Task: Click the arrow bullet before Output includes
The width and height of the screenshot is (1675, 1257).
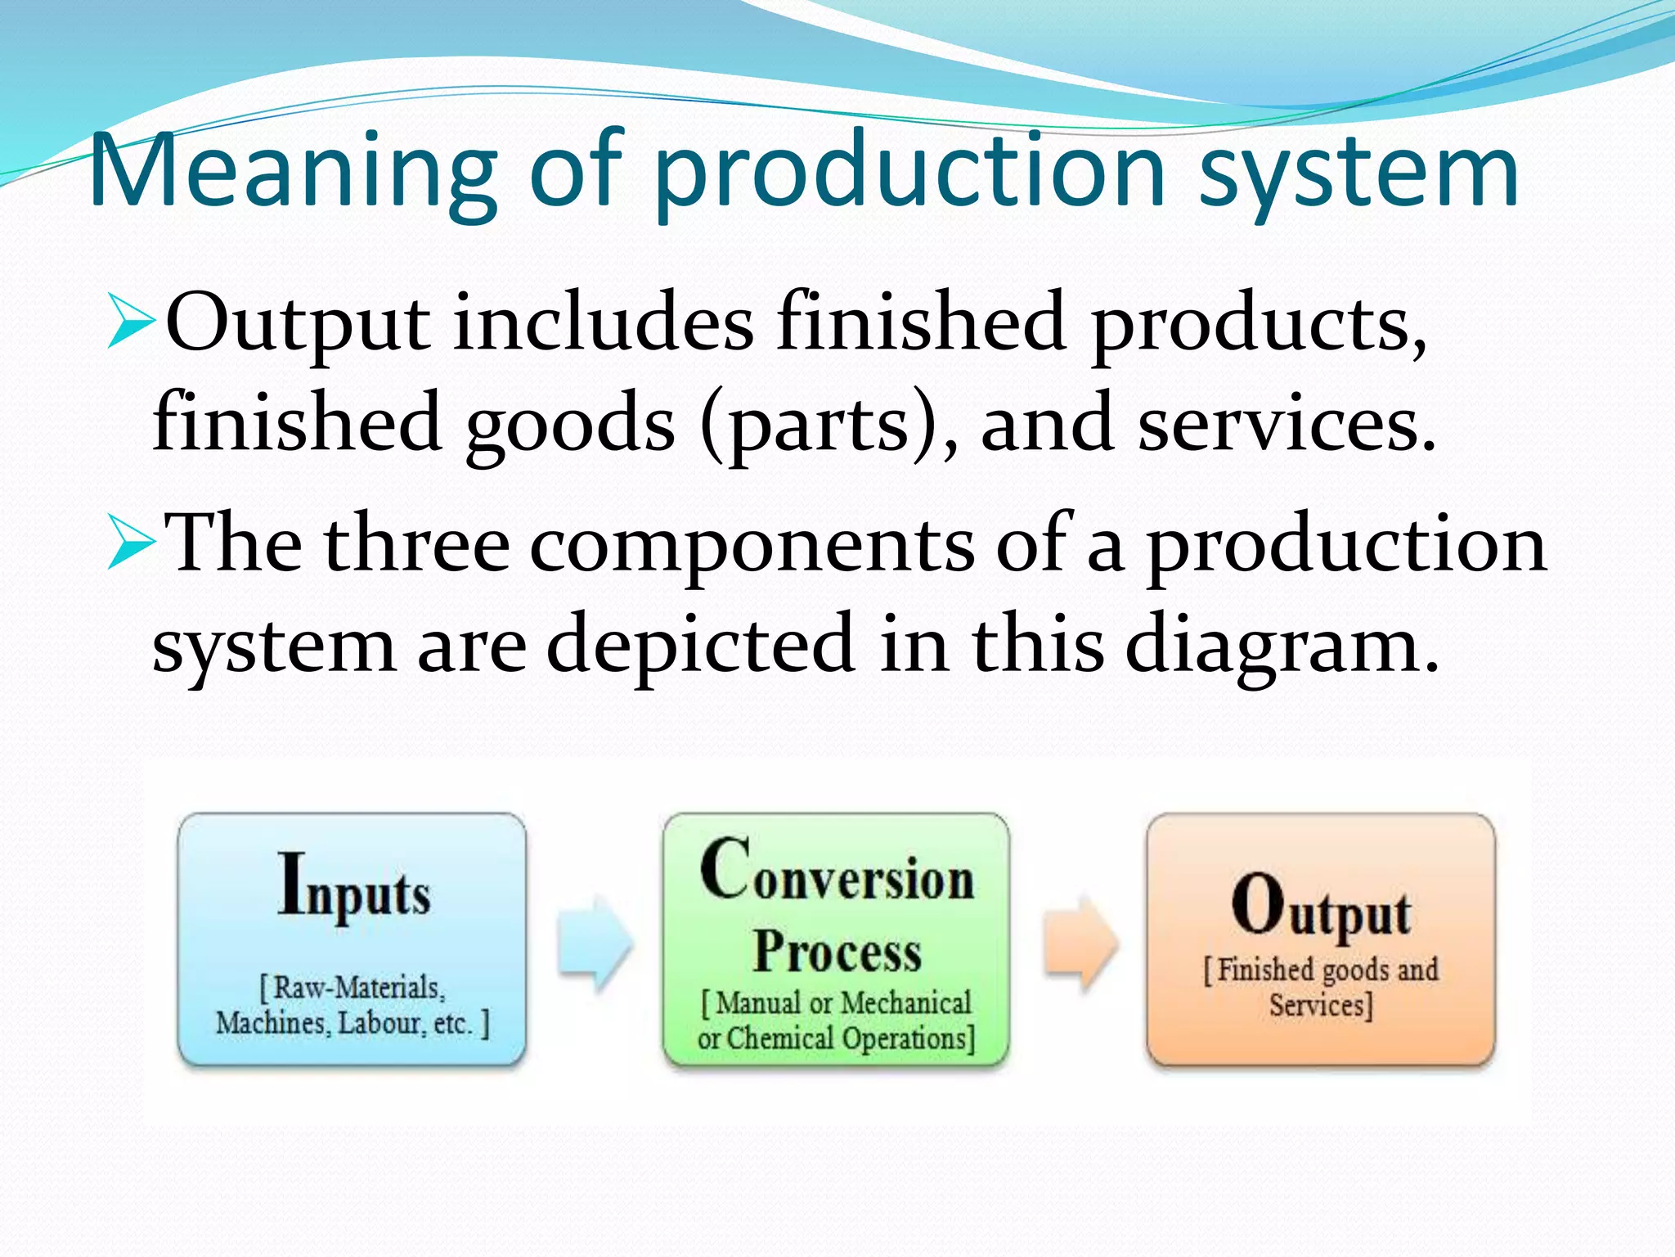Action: coord(131,323)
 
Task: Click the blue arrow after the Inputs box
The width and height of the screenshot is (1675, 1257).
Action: coord(595,941)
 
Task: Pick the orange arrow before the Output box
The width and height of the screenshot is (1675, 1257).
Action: coord(1080,941)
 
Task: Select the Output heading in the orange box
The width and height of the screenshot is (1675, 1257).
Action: coord(1321,907)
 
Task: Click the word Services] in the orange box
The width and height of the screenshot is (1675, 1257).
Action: coord(1320,1005)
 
